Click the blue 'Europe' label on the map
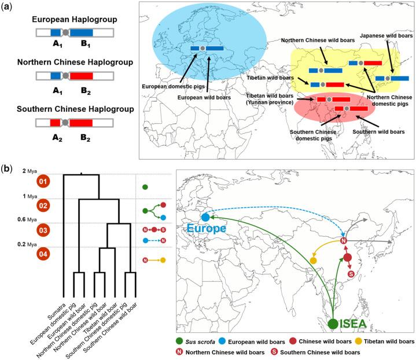203,229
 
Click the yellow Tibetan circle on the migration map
312,261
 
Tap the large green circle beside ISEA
333,324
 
